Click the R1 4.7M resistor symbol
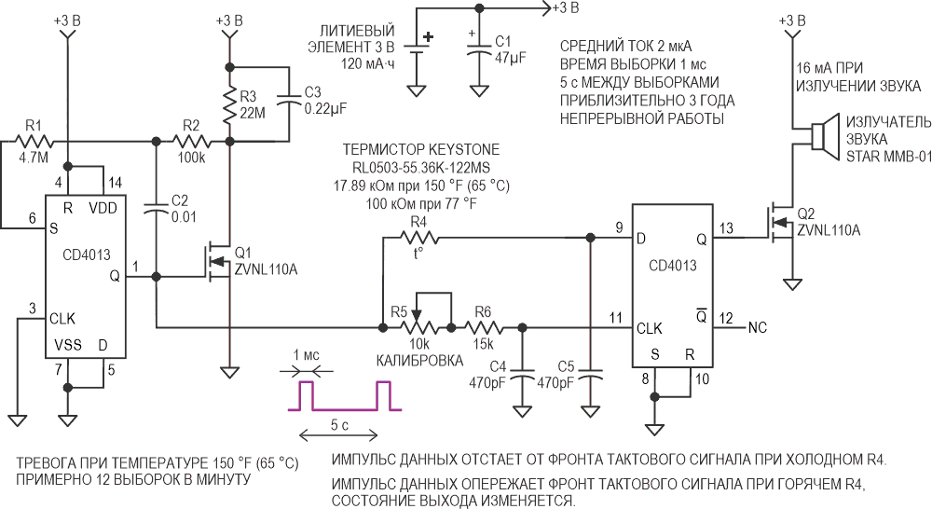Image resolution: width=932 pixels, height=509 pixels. tap(34, 142)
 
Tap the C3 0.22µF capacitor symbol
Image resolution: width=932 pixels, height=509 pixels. tap(290, 103)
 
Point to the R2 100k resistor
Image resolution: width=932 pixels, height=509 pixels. tap(192, 142)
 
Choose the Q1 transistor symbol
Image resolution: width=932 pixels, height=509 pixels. tap(217, 260)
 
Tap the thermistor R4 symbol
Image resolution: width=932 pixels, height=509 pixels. tap(419, 239)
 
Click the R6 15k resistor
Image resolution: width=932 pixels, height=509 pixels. tap(484, 327)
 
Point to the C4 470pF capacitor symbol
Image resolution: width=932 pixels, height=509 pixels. tap(523, 381)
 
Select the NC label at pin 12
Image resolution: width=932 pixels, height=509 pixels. tap(757, 327)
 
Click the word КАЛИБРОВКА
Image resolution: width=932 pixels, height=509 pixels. tap(419, 361)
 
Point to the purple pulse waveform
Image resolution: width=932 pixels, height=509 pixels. tap(345, 396)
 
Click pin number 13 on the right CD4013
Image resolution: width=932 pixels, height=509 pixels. tap(726, 228)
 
